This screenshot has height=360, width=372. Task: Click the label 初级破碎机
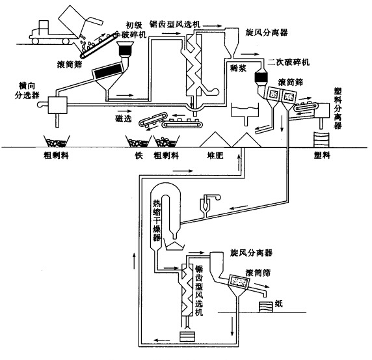tap(134, 30)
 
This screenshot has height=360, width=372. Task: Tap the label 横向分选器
tap(27, 90)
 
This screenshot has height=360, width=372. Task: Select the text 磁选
tap(124, 118)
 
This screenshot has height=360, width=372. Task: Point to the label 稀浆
tap(238, 68)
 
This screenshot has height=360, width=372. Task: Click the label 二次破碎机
tap(289, 62)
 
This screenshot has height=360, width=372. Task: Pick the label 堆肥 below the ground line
tap(215, 156)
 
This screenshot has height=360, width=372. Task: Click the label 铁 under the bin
tap(139, 156)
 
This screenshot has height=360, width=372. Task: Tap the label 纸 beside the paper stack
tap(279, 303)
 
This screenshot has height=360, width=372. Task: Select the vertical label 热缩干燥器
tap(156, 220)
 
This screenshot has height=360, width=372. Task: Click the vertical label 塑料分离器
tap(338, 108)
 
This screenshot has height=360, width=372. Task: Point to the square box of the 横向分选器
tap(58, 105)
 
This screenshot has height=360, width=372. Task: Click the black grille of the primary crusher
tap(125, 50)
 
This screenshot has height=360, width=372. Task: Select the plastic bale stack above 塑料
tap(321, 139)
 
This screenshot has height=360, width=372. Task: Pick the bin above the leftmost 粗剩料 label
tap(57, 141)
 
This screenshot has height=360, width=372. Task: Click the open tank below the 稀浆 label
tap(245, 111)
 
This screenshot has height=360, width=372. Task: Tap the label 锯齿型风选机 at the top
tap(175, 23)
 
